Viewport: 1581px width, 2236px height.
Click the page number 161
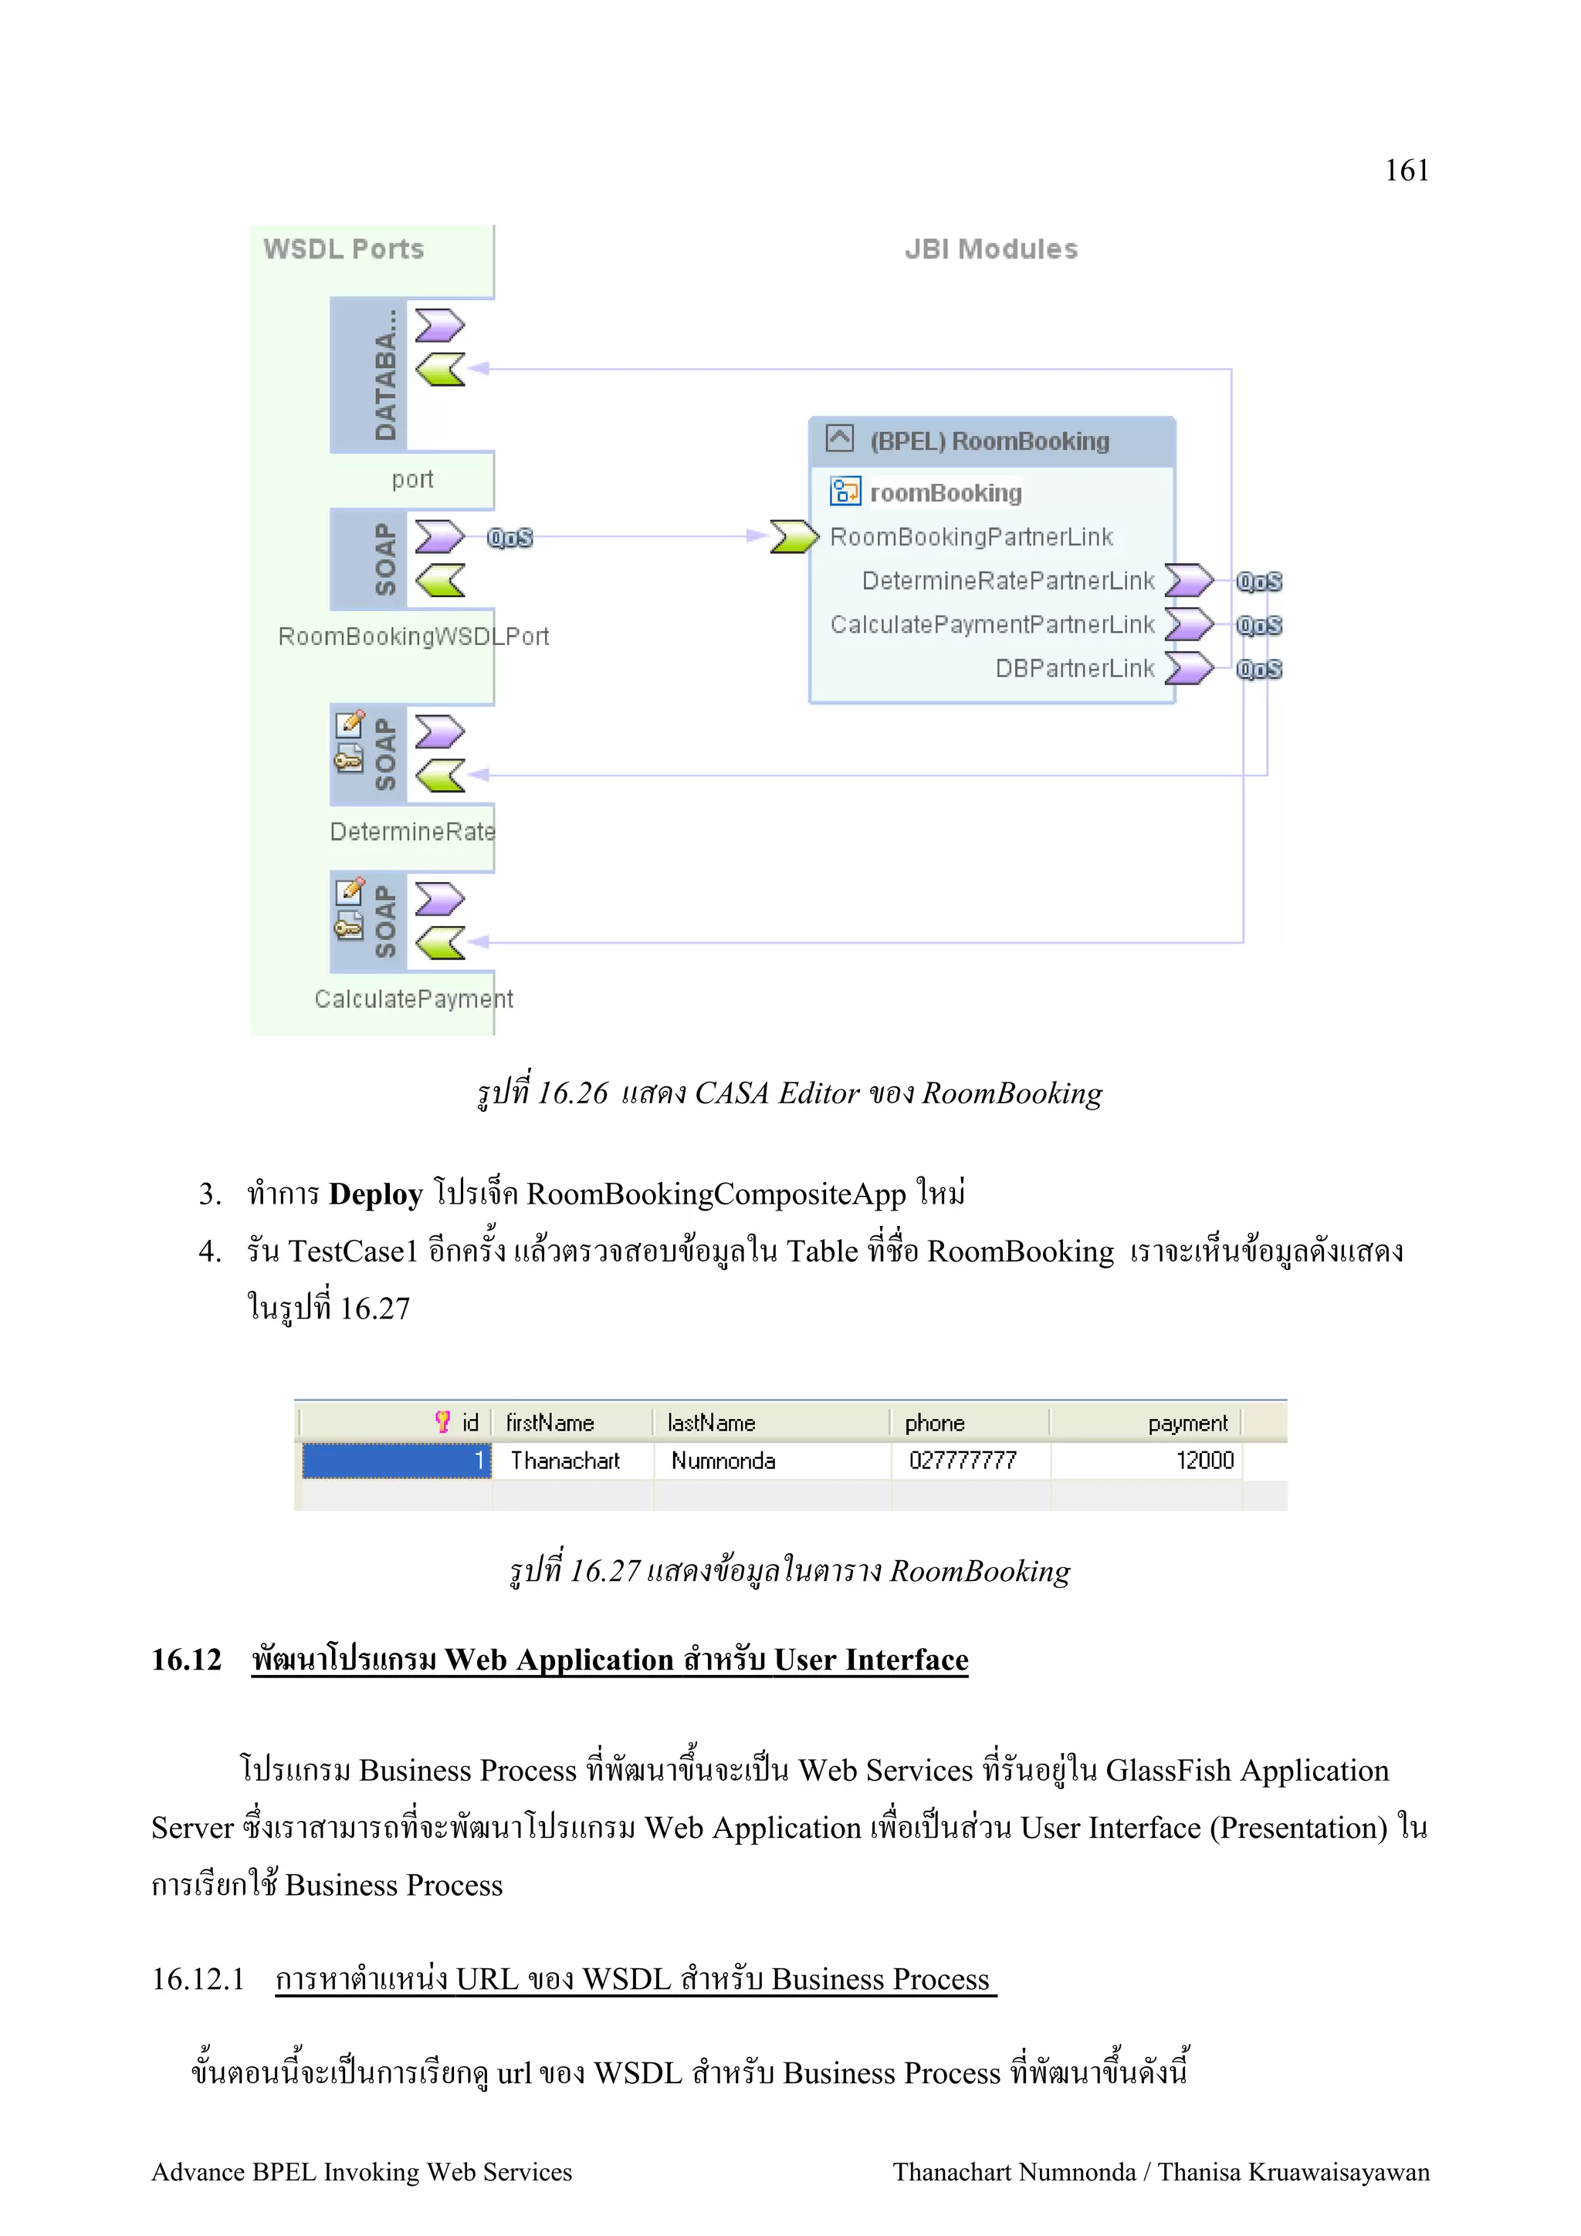1406,171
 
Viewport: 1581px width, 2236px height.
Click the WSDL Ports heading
343,249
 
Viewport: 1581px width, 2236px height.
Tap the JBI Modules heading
990,249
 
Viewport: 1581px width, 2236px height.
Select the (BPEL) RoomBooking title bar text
989,441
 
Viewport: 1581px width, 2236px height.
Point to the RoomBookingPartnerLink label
970,536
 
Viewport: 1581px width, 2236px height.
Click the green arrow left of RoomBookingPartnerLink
793,536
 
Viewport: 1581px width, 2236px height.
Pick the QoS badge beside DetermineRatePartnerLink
1258,582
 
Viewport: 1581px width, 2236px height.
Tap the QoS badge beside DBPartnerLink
1258,669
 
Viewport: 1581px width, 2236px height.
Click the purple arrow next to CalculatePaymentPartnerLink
1188,624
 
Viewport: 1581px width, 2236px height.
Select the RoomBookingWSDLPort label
413,636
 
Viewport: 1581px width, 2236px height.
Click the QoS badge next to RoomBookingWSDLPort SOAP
510,538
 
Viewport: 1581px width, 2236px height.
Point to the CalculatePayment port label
413,998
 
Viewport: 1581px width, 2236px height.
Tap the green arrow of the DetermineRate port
439,775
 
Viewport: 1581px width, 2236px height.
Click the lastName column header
711,1423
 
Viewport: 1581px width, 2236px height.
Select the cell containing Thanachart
565,1461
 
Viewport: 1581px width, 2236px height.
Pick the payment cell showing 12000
1204,1461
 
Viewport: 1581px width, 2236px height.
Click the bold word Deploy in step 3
375,1194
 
